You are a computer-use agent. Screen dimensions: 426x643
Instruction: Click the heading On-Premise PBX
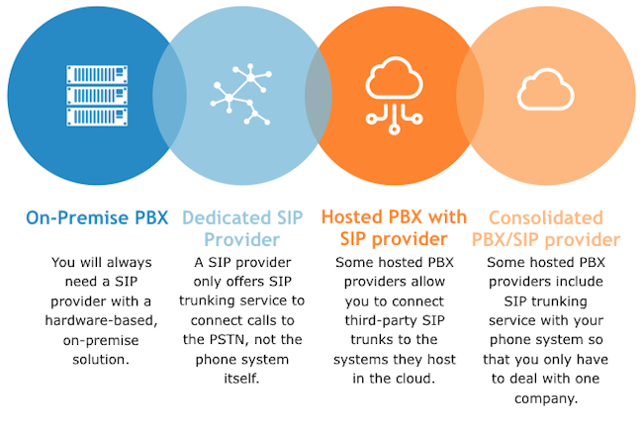pos(96,217)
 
